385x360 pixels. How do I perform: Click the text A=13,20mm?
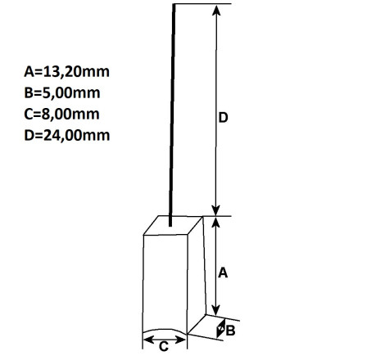click(67, 72)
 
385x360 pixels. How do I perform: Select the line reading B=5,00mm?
click(62, 93)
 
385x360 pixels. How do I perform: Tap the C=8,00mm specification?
click(61, 114)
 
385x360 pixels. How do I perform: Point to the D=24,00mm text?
click(67, 135)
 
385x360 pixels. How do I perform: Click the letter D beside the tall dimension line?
click(223, 118)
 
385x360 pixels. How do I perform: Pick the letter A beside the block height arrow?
click(223, 272)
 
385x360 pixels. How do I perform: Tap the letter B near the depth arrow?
click(230, 331)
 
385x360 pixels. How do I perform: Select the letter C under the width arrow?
click(164, 347)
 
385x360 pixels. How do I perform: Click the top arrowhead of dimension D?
click(216, 10)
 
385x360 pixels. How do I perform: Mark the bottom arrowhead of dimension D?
click(216, 210)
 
